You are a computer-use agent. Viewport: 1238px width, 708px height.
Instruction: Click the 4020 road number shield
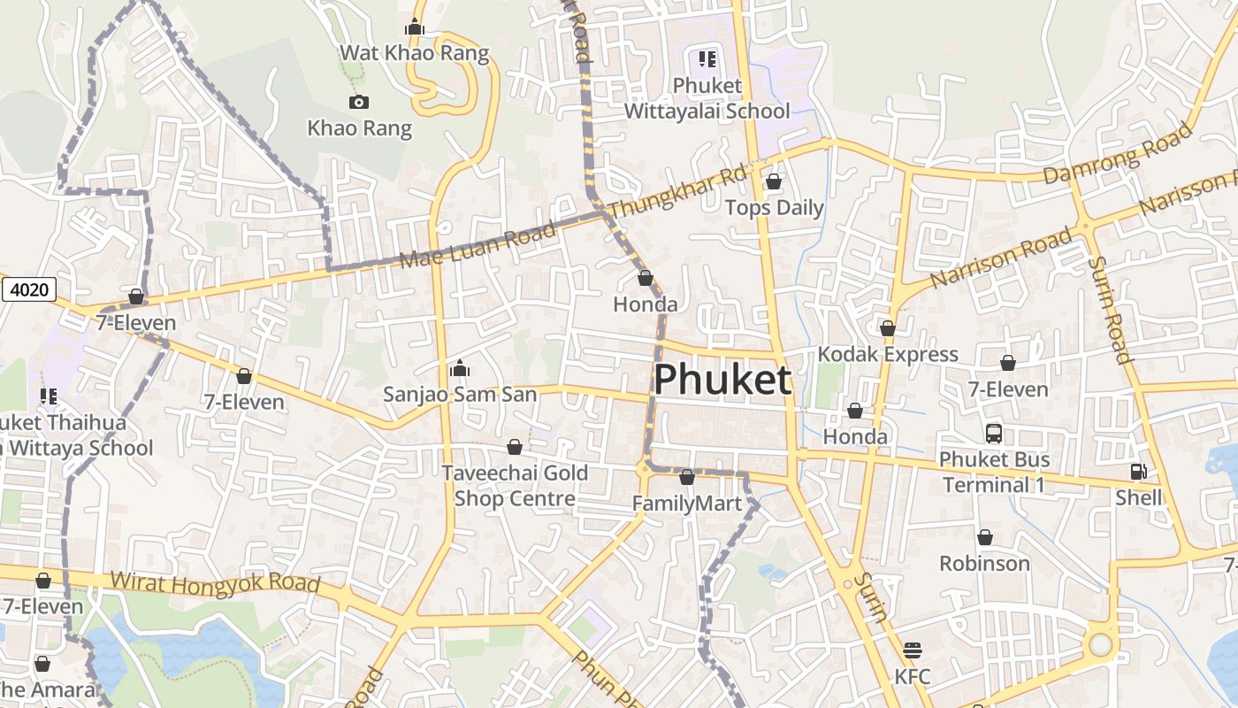point(29,289)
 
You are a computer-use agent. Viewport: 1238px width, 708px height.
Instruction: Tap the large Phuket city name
point(722,380)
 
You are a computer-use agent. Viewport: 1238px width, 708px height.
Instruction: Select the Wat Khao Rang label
point(414,53)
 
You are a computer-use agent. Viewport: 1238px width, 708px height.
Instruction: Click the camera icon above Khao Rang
point(358,103)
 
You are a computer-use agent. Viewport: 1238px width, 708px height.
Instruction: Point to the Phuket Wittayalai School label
point(707,98)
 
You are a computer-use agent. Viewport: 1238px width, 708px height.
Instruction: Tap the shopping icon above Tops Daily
point(774,182)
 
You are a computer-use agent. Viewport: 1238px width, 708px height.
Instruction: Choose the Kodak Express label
point(888,354)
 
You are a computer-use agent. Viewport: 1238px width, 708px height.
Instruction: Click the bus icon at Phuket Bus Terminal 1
point(994,434)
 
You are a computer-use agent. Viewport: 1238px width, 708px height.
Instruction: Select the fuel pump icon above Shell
point(1138,473)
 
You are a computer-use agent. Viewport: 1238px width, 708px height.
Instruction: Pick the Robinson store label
point(984,564)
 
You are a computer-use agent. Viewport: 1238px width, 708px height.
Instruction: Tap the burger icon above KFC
point(913,651)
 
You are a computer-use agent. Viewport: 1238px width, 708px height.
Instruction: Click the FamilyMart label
point(686,504)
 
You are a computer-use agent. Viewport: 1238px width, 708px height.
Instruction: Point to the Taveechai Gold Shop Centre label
point(515,486)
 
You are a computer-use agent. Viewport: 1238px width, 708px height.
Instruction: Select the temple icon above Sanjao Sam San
point(459,368)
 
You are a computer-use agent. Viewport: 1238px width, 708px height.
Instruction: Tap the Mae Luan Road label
point(478,245)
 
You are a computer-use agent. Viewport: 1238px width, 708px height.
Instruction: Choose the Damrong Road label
point(1118,156)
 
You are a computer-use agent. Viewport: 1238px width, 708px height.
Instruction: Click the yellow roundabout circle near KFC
point(1100,644)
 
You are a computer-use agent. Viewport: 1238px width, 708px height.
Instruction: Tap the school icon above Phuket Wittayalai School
point(707,59)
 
